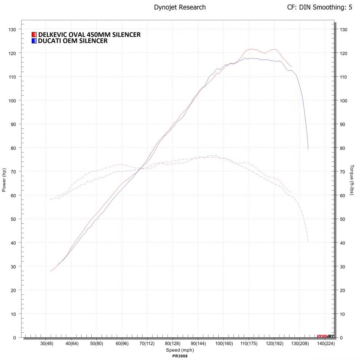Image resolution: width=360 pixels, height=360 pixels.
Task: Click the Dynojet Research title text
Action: tap(180, 7)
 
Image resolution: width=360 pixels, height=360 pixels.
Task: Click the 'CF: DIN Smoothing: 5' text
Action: tap(322, 7)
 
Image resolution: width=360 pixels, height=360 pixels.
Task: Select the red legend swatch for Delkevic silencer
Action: tap(34, 35)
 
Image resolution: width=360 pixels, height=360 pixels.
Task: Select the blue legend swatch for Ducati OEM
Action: tap(34, 41)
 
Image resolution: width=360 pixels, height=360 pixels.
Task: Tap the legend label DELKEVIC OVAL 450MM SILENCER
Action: tap(89, 35)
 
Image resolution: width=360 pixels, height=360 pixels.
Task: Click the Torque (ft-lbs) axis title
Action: tap(352, 180)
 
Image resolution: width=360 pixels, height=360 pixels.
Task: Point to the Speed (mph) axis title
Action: tap(180, 350)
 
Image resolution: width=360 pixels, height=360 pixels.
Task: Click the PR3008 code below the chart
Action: tap(180, 356)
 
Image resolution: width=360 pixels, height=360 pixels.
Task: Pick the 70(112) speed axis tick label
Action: tap(147, 344)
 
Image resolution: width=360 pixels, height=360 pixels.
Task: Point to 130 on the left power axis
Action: tap(12, 29)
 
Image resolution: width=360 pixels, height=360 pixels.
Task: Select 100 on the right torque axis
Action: tap(344, 100)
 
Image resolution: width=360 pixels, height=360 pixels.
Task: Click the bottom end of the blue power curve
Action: tap(308, 149)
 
